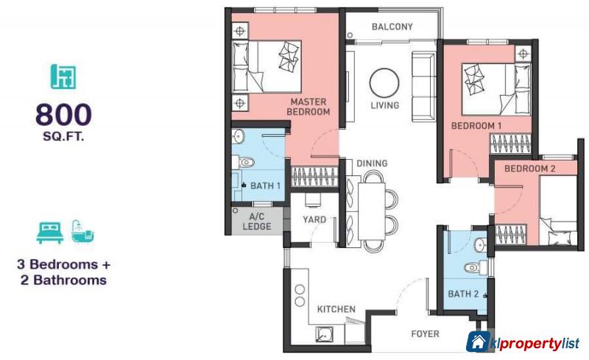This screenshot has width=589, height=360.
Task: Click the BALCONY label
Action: (392, 27)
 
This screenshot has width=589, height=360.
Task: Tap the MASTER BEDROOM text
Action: (308, 107)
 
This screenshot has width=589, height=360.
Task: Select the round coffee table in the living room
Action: (384, 82)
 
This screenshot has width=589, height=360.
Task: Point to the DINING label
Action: (372, 163)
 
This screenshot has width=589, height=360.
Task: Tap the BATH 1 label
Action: (265, 186)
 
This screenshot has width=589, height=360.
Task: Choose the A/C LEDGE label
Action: (257, 222)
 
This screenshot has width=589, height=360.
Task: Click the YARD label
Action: (314, 219)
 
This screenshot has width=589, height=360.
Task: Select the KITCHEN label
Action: (336, 309)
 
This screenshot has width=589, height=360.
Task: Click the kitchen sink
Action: (325, 335)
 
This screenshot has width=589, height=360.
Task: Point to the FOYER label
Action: (426, 334)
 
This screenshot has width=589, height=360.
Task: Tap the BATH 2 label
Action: (464, 294)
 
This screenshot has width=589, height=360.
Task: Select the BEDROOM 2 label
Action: (529, 169)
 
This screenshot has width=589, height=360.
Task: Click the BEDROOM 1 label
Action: (476, 126)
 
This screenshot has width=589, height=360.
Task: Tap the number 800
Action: (63, 114)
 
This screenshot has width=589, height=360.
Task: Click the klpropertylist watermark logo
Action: (523, 343)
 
